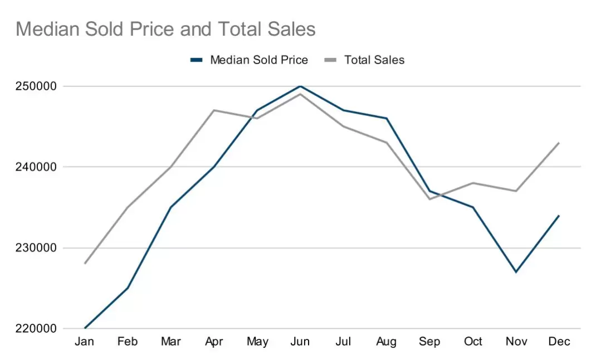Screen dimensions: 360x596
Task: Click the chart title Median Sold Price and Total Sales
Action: point(165,29)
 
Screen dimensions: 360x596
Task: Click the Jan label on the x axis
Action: point(85,342)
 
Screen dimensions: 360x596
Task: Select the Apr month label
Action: point(214,342)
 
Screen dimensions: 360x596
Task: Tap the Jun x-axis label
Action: point(300,342)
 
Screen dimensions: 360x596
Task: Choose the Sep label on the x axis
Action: point(429,342)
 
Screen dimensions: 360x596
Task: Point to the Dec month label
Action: point(559,342)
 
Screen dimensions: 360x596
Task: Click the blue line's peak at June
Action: point(300,86)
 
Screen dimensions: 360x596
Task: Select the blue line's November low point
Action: point(516,272)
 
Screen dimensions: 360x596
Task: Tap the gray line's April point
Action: point(214,110)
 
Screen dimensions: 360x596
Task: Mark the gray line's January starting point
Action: point(85,264)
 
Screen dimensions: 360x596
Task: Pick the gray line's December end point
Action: point(559,143)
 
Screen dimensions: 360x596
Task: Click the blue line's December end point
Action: point(559,216)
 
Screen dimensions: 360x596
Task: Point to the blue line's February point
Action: point(128,288)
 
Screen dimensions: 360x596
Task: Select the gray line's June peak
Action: point(300,94)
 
